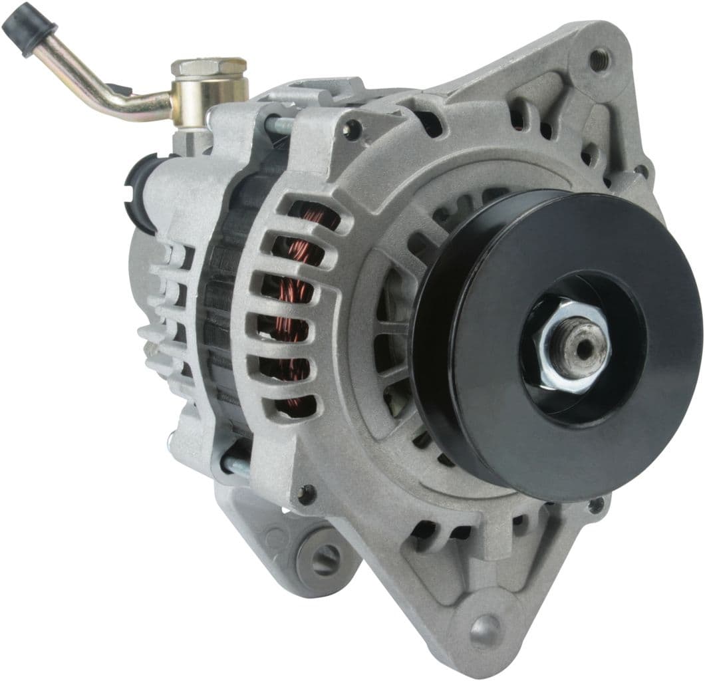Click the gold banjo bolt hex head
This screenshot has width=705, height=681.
pos(209,67)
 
